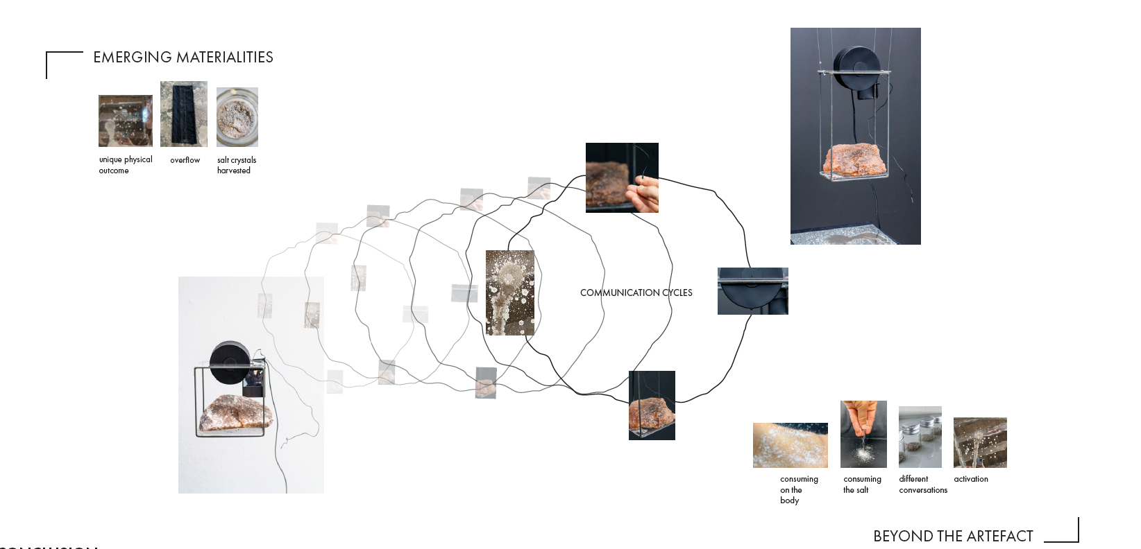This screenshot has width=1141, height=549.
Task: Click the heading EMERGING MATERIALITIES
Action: (183, 58)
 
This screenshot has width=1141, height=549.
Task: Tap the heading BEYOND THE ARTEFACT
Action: (953, 536)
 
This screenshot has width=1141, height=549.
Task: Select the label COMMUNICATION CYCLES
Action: (636, 293)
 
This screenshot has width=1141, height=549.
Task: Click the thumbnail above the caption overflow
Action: (184, 114)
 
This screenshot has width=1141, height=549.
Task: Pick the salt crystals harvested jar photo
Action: (237, 117)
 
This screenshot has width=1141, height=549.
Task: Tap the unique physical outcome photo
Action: (126, 121)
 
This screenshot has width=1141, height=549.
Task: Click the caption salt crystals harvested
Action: (236, 165)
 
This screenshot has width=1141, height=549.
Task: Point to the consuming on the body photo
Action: (790, 445)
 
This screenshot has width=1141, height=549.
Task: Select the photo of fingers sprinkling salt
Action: (863, 434)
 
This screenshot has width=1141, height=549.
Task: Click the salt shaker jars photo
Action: (920, 437)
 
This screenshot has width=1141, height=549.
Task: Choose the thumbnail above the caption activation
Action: (980, 442)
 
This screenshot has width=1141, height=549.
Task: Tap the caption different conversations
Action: (922, 485)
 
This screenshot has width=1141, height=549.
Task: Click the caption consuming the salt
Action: (861, 485)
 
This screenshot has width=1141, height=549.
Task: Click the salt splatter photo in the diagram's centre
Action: (510, 293)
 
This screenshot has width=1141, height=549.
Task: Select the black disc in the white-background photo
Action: (228, 363)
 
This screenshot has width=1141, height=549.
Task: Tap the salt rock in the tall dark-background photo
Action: (856, 160)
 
